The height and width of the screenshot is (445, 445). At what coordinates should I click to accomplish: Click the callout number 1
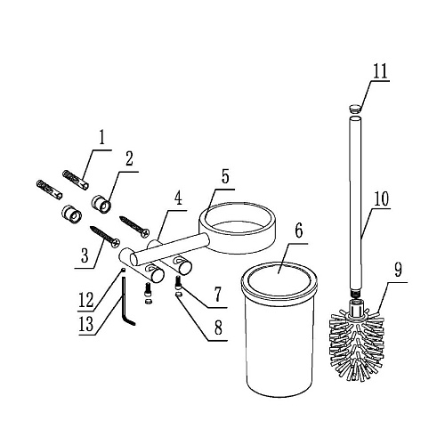102,137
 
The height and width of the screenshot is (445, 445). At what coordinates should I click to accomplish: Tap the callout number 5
225,176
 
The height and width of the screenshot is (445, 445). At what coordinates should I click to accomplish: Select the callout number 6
298,231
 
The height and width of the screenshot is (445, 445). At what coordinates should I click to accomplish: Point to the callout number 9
398,270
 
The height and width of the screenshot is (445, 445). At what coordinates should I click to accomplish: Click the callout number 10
381,198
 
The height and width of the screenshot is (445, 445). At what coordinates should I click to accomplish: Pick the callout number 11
380,71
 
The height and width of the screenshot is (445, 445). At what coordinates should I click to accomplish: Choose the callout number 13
86,324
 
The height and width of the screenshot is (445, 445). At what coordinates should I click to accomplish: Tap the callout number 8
218,328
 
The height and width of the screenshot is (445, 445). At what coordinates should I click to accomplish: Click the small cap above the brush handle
355,108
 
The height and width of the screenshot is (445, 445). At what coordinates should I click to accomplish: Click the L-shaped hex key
126,301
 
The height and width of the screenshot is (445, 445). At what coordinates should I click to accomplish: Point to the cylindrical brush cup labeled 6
279,328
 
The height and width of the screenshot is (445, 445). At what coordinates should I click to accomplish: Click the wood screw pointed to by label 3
105,237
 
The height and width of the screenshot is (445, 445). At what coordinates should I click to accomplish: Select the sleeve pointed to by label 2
101,204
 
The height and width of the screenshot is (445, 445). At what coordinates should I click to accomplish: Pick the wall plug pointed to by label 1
76,180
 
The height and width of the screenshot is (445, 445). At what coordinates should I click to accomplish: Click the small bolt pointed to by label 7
179,283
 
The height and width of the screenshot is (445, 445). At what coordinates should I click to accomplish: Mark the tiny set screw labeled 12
123,270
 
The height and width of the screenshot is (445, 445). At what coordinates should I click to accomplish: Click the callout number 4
178,198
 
